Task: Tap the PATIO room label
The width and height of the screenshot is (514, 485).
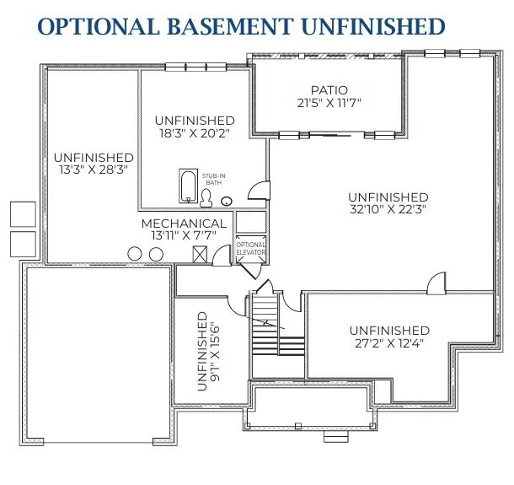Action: coord(329,90)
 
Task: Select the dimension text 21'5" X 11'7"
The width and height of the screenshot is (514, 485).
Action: coord(329,103)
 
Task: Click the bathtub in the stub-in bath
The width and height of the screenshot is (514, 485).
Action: coord(187,184)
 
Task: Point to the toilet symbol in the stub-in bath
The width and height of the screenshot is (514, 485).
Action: coord(205,197)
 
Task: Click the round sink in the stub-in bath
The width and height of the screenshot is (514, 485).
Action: coord(227,201)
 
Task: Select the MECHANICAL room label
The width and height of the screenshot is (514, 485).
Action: coord(184,224)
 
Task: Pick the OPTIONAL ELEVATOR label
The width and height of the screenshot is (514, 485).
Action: coord(250,249)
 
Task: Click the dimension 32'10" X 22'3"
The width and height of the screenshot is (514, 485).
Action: coord(388,210)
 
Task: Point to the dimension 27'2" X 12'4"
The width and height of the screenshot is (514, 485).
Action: coord(388,342)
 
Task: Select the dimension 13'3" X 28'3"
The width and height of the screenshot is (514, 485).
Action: coord(93,170)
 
